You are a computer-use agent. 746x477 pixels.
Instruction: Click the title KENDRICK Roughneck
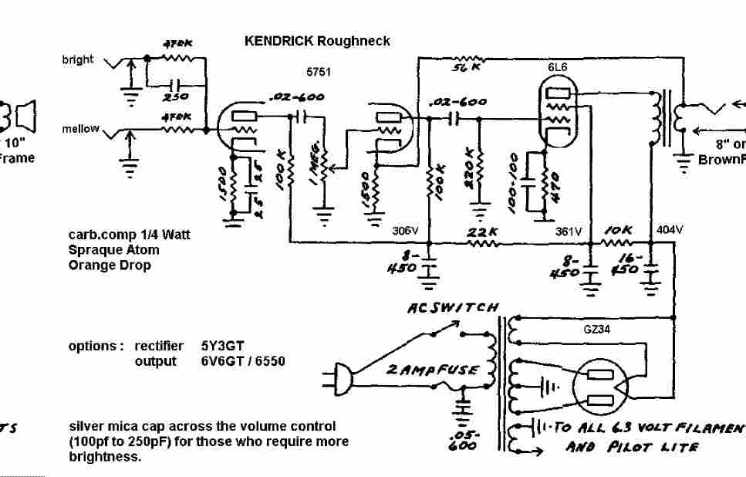coord(317,41)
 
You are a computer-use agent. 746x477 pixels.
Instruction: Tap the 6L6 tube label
coord(558,67)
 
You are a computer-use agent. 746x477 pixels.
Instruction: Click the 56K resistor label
coord(466,68)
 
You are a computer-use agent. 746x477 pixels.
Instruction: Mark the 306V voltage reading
coord(404,231)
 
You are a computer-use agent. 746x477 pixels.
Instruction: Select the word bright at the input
coord(78,60)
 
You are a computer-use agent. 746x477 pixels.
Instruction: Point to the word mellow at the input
coord(81,129)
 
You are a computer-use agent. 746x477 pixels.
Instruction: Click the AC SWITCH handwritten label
coord(453,308)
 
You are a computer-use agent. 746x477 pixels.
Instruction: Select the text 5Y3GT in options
coord(217,346)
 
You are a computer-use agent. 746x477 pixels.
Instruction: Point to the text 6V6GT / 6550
coord(242,361)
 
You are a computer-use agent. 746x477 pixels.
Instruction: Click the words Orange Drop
coord(110,265)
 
